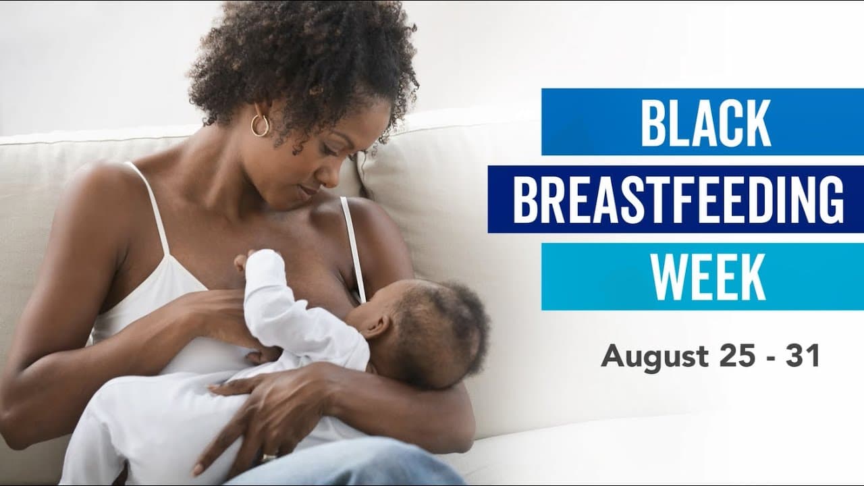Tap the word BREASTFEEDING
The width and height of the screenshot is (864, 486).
tap(678, 199)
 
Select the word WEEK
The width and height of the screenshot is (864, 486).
tap(708, 277)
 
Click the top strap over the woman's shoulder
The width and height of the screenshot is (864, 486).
tap(152, 202)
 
